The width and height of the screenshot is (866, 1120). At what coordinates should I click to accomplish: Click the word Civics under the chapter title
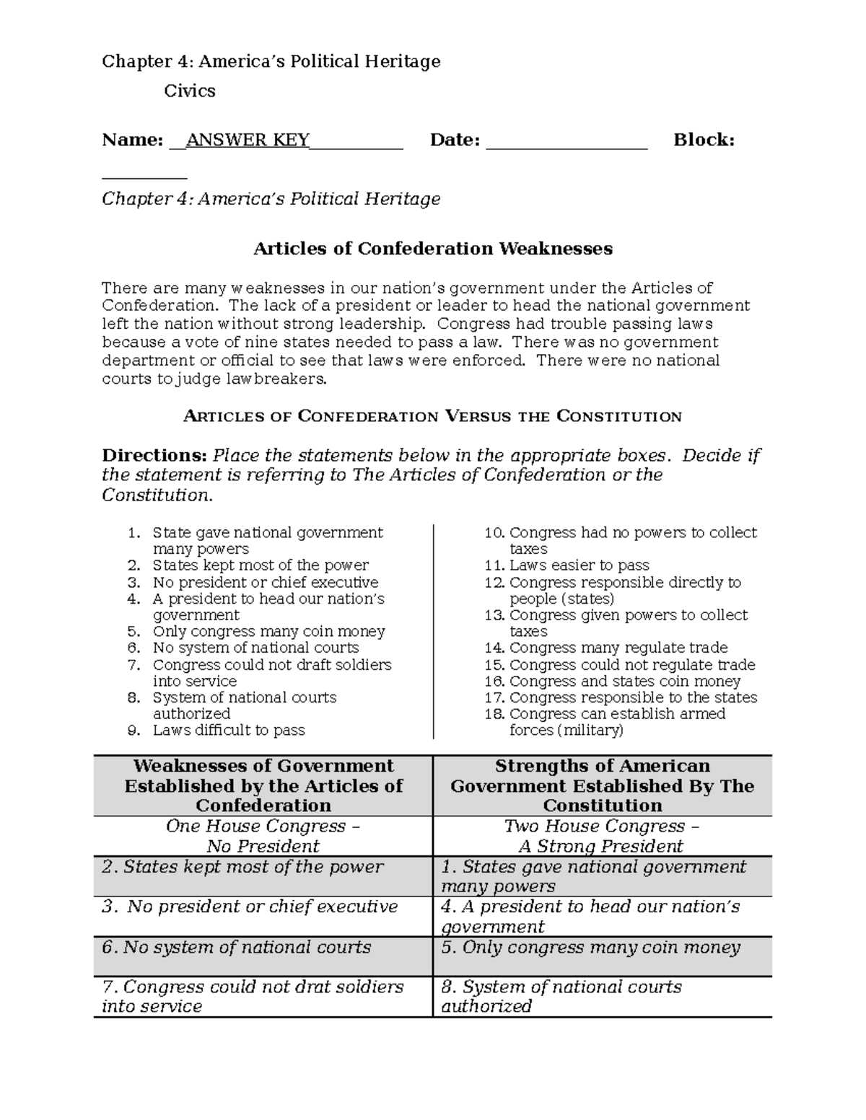click(x=189, y=91)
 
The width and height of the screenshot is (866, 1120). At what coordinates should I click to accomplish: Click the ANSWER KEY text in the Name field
click(x=248, y=140)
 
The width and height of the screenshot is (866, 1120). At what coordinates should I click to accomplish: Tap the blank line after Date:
click(x=567, y=141)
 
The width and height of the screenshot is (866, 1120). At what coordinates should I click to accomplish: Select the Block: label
click(x=704, y=140)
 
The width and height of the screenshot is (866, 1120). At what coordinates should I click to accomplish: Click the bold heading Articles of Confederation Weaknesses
click(x=432, y=249)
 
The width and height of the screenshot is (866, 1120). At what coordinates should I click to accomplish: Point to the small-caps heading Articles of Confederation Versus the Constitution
click(x=432, y=416)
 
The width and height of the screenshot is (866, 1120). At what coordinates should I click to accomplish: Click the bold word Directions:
click(x=154, y=456)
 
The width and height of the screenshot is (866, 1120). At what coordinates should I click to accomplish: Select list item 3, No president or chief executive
click(x=265, y=582)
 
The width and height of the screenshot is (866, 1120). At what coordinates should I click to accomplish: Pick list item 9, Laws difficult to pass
click(x=228, y=730)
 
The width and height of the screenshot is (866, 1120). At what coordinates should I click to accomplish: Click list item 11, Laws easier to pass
click(x=579, y=565)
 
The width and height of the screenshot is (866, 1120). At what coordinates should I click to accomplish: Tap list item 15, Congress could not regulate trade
click(x=631, y=664)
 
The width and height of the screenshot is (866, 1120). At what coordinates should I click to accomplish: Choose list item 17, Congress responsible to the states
click(x=633, y=697)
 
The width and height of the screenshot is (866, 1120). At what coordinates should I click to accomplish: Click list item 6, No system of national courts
click(x=255, y=648)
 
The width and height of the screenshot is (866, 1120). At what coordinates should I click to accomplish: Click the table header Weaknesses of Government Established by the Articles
click(x=263, y=785)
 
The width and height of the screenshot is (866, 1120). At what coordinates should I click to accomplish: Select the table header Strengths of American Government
click(x=602, y=785)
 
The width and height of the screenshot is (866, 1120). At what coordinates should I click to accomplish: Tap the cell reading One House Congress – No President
click(x=263, y=836)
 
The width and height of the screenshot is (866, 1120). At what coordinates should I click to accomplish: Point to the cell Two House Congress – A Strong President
click(x=602, y=836)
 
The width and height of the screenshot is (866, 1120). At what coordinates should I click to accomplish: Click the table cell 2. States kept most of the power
click(x=242, y=867)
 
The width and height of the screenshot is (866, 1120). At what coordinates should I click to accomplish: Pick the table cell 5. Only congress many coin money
click(x=590, y=948)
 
